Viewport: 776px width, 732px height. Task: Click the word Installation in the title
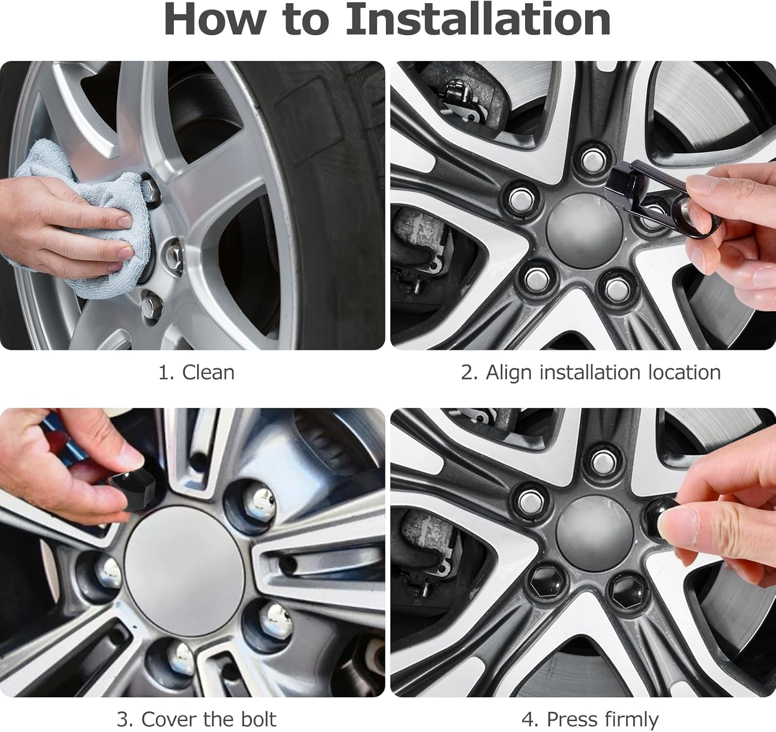[x=478, y=19]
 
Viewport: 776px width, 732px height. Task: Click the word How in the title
[x=214, y=19]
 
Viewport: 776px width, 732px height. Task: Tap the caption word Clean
[x=208, y=372]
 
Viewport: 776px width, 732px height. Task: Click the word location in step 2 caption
[x=684, y=373]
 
